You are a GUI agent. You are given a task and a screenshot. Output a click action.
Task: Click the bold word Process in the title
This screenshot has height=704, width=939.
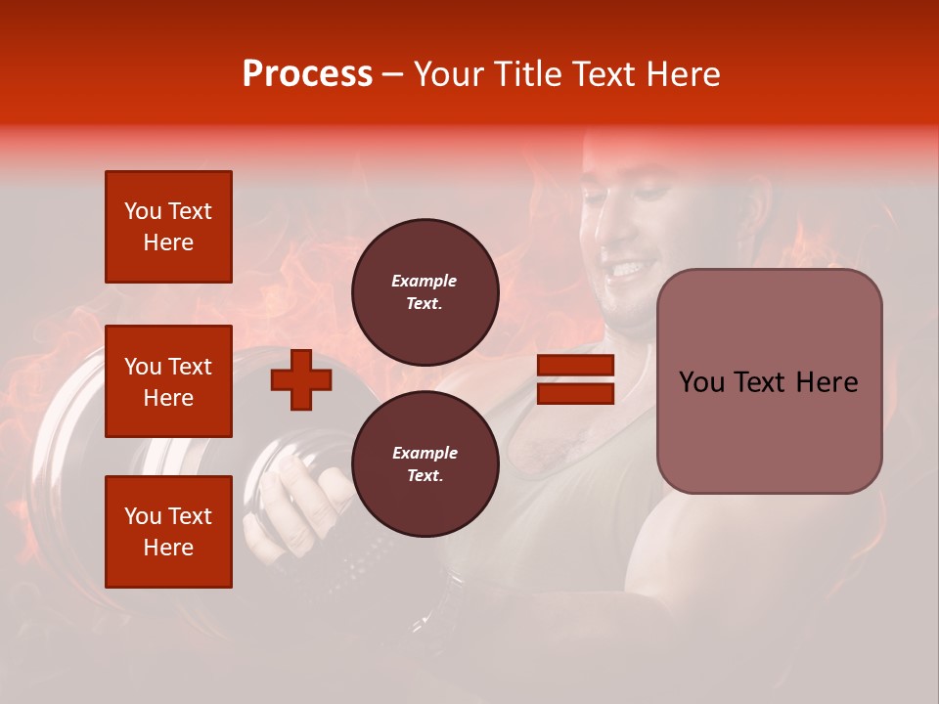tap(307, 74)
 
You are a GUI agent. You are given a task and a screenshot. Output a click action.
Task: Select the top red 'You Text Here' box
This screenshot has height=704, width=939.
tap(168, 227)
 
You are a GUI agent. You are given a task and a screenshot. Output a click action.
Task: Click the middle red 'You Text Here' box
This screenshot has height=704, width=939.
tap(168, 381)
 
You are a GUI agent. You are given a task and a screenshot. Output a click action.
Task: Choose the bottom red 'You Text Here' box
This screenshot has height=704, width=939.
tap(168, 532)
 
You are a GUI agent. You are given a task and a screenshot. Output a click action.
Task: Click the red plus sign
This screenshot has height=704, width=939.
tap(300, 380)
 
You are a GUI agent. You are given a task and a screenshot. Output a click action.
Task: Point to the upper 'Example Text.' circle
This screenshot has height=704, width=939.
tap(425, 292)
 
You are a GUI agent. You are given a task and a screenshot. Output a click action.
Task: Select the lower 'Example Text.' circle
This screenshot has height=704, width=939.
tap(425, 464)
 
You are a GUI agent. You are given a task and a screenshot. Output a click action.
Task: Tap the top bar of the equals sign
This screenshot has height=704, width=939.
tap(575, 366)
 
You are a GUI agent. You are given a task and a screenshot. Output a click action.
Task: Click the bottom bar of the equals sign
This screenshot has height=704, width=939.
tap(575, 393)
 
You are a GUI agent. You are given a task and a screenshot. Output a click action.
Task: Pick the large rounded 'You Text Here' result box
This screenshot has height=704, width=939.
tap(769, 381)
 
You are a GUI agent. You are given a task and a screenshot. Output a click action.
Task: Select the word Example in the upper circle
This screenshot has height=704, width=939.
tap(425, 281)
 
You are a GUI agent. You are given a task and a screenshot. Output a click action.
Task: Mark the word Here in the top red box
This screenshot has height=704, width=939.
tap(168, 242)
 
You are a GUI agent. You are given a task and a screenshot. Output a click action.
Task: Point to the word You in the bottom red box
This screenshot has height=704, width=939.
tap(143, 516)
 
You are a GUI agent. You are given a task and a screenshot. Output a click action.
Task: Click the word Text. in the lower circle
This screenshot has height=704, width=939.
tap(425, 476)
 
